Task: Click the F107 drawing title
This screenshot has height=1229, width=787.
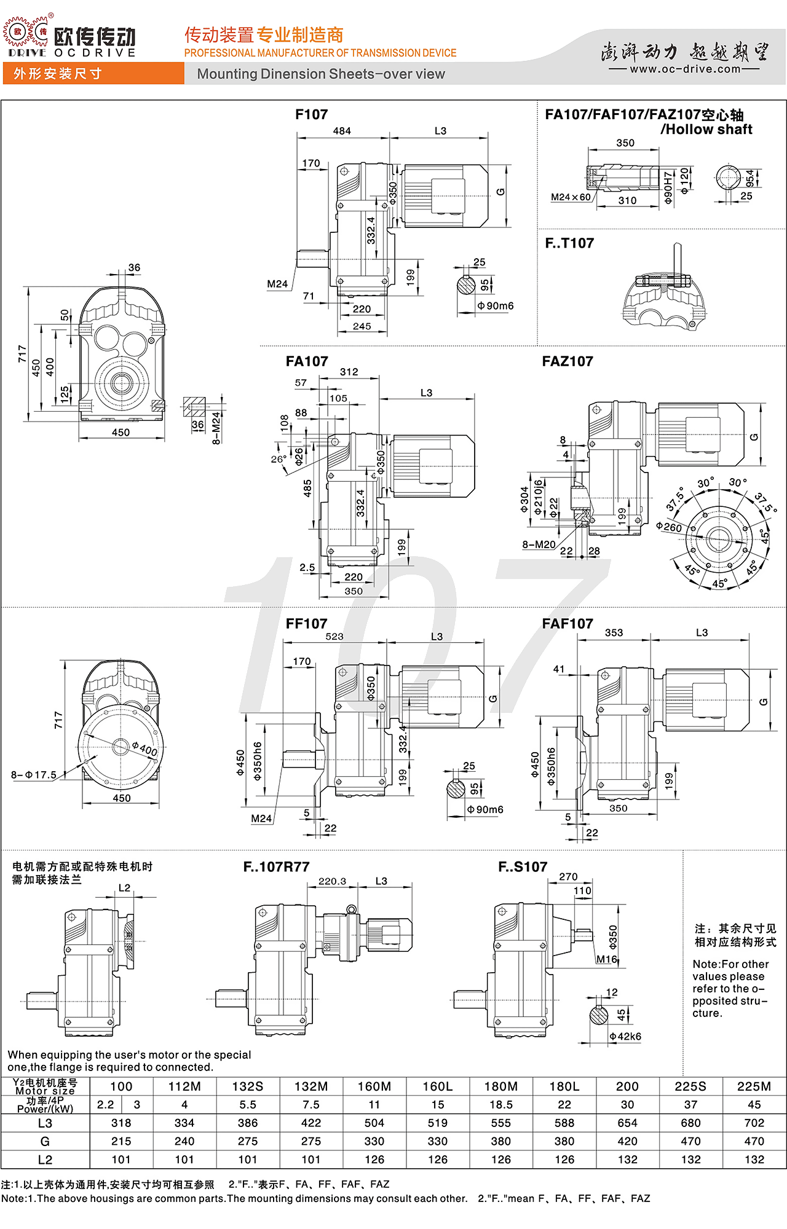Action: pyautogui.click(x=311, y=114)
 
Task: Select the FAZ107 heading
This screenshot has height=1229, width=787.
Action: pyautogui.click(x=568, y=361)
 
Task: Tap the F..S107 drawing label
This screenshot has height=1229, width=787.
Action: pyautogui.click(x=523, y=867)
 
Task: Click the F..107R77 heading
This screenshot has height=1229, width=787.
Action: pyautogui.click(x=276, y=867)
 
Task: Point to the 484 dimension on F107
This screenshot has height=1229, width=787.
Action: pyautogui.click(x=342, y=131)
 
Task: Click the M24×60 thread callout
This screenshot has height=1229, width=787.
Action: pyautogui.click(x=571, y=197)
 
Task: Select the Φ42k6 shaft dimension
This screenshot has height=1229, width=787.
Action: pyautogui.click(x=625, y=1037)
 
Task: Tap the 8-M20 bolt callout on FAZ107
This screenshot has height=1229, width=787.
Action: pyautogui.click(x=539, y=544)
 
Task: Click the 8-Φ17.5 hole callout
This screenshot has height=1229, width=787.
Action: pyautogui.click(x=34, y=775)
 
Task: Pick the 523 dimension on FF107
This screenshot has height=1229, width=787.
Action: pyautogui.click(x=334, y=637)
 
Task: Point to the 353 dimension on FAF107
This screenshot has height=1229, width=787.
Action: pyautogui.click(x=614, y=632)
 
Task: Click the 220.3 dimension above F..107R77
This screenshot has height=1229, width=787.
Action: pyautogui.click(x=332, y=881)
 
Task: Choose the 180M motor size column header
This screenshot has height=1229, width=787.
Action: pyautogui.click(x=500, y=1086)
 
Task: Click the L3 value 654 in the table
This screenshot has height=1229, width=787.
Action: pyautogui.click(x=627, y=1123)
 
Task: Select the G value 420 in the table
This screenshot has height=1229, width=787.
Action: pyautogui.click(x=627, y=1141)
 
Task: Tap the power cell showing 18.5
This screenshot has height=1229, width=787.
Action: pyautogui.click(x=500, y=1104)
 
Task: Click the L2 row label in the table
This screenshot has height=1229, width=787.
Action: pyautogui.click(x=45, y=1160)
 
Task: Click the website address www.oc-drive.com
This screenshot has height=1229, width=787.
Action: pyautogui.click(x=685, y=69)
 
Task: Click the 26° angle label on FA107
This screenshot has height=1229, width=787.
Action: pyautogui.click(x=279, y=459)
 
